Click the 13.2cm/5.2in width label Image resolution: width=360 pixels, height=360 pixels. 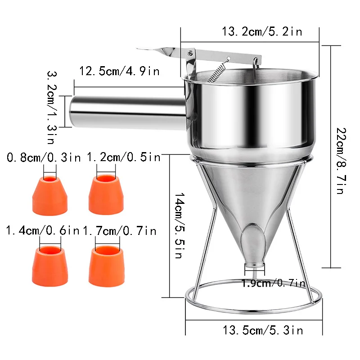click(262, 31)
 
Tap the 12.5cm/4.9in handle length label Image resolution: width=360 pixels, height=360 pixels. click(119, 71)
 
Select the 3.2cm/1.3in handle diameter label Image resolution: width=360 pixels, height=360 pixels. click(52, 108)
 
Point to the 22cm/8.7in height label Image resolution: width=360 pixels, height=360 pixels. click(341, 161)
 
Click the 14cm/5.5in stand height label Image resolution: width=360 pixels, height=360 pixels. click(180, 225)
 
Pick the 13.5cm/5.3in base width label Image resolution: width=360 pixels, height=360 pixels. click(263, 330)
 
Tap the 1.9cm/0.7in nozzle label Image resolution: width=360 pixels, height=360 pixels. click(274, 283)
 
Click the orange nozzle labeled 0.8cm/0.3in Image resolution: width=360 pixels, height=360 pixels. click(50, 196)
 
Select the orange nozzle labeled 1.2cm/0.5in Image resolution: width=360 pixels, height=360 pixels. click(106, 195)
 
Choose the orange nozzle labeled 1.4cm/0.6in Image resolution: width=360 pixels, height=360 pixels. click(50, 266)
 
